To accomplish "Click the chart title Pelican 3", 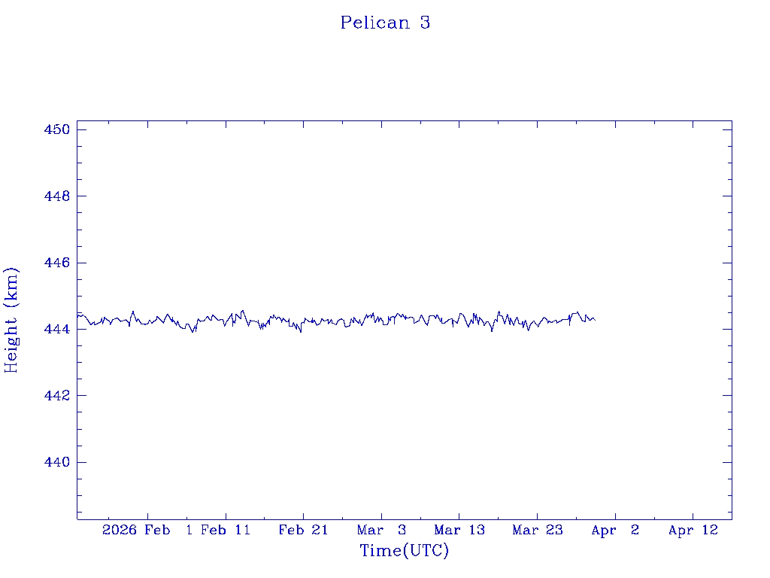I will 385,23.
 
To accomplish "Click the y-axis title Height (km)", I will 11,320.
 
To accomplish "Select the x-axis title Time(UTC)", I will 405,551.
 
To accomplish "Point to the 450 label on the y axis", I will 57,129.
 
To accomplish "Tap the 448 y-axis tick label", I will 57,196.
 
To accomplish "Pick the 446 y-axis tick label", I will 57,263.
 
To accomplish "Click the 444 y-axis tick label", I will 57,329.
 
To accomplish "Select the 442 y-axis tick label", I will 57,395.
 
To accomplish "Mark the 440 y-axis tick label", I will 57,462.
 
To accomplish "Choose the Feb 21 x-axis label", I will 303,530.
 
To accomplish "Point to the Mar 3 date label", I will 381,530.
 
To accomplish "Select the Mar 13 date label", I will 459,530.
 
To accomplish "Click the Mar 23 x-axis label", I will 537,530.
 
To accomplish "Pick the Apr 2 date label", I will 615,530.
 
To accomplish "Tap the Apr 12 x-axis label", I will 693,530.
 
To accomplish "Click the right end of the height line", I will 595,320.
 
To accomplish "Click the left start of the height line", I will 77,315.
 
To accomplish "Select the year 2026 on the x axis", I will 120,530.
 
